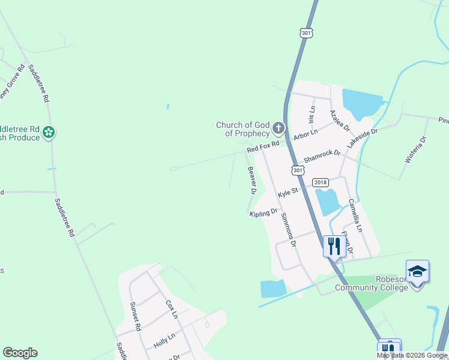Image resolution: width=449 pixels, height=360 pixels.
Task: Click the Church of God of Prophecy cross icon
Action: [278, 128]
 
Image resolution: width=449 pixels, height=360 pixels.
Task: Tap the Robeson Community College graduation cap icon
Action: [417, 271]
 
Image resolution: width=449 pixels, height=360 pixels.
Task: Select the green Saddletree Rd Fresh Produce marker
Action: [49, 132]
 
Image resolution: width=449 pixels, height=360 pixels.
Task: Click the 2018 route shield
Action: [321, 182]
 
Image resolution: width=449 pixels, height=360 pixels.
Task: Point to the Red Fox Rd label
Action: [264, 147]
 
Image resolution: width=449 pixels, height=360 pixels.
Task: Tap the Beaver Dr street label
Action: [252, 181]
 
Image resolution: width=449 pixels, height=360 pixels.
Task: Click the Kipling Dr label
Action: [264, 212]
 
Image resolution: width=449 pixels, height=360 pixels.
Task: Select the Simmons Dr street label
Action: [287, 229]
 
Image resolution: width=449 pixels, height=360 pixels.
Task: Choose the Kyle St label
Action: [288, 193]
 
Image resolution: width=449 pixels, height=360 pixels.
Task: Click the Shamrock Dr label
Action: [322, 157]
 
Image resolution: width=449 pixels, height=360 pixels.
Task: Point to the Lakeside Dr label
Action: [362, 139]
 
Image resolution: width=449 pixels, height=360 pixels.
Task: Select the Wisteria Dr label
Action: [415, 149]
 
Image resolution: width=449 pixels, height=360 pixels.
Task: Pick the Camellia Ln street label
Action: [355, 215]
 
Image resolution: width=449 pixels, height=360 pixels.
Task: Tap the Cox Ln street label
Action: [172, 308]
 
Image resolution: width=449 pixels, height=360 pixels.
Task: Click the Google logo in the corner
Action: [20, 353]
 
